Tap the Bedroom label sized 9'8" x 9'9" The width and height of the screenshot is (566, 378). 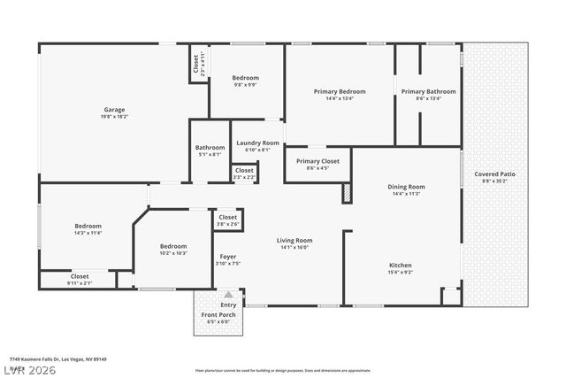tap(246, 77)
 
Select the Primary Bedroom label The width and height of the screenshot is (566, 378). tap(340, 91)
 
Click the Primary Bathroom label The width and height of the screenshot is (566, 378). tap(428, 91)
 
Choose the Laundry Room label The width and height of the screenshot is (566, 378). tap(257, 143)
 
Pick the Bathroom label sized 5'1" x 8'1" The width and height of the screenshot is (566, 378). tap(210, 147)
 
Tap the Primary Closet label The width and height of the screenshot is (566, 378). tap(318, 161)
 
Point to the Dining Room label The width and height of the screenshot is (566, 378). tap(407, 187)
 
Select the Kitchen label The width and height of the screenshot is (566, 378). tap(401, 265)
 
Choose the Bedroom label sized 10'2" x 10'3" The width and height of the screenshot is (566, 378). tap(173, 246)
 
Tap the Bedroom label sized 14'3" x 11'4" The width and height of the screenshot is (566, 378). tap(88, 226)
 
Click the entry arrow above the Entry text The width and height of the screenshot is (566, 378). tap(228, 295)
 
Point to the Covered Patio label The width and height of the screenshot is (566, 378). tap(494, 174)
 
